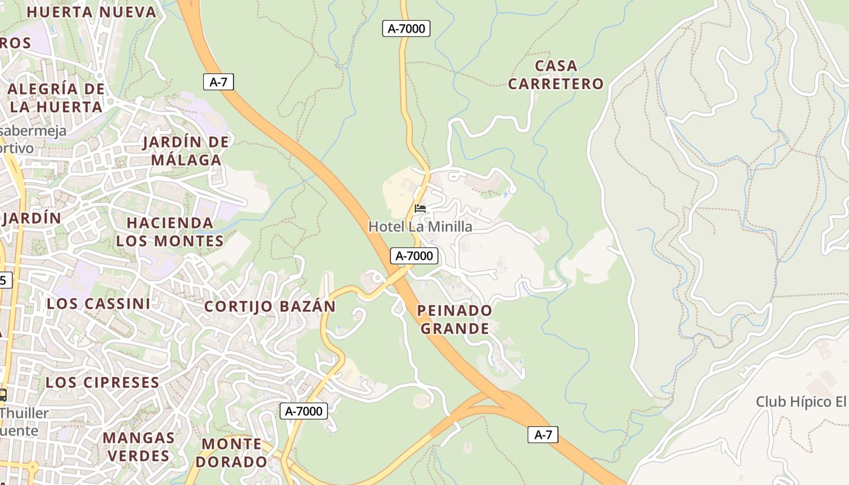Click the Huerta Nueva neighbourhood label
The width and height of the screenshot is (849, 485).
(92, 12)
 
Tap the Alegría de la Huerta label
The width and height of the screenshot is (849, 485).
(56, 98)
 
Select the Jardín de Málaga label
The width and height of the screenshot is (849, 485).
(186, 151)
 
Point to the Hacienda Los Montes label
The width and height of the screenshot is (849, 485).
(170, 232)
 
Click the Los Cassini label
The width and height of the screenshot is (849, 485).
(98, 303)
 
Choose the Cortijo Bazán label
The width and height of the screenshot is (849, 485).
(269, 306)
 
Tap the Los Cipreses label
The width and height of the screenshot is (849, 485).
(102, 383)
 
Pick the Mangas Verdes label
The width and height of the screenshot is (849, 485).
(138, 446)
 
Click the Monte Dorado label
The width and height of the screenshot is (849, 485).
(234, 452)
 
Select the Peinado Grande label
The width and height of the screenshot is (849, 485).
(455, 319)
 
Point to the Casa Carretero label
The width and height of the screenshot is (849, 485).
(555, 75)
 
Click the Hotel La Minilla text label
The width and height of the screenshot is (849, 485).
(420, 227)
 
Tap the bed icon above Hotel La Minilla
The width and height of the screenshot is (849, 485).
(420, 209)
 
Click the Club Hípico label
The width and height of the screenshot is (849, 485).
(801, 401)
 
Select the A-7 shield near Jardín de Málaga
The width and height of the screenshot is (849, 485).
(218, 82)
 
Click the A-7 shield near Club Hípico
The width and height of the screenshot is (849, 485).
(543, 435)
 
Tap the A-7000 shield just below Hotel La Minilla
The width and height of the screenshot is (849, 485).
(414, 256)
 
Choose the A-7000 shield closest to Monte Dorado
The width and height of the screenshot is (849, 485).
(304, 411)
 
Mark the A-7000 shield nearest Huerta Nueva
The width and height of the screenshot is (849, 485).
(406, 28)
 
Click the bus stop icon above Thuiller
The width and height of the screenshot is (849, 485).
(2, 395)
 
